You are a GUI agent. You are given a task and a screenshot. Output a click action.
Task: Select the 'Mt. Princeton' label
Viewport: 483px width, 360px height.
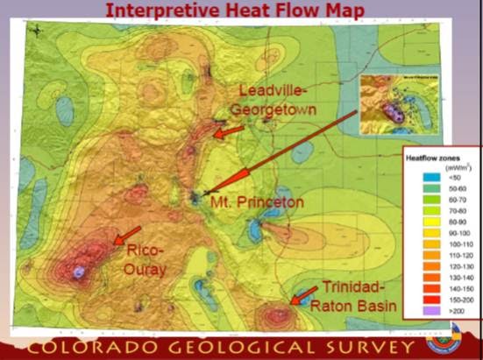tap(256, 202)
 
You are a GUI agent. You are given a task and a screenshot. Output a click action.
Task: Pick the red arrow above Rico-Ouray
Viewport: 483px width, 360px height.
tap(126, 235)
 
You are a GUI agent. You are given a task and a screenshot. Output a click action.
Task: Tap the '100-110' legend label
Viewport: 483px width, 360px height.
tap(451, 243)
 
